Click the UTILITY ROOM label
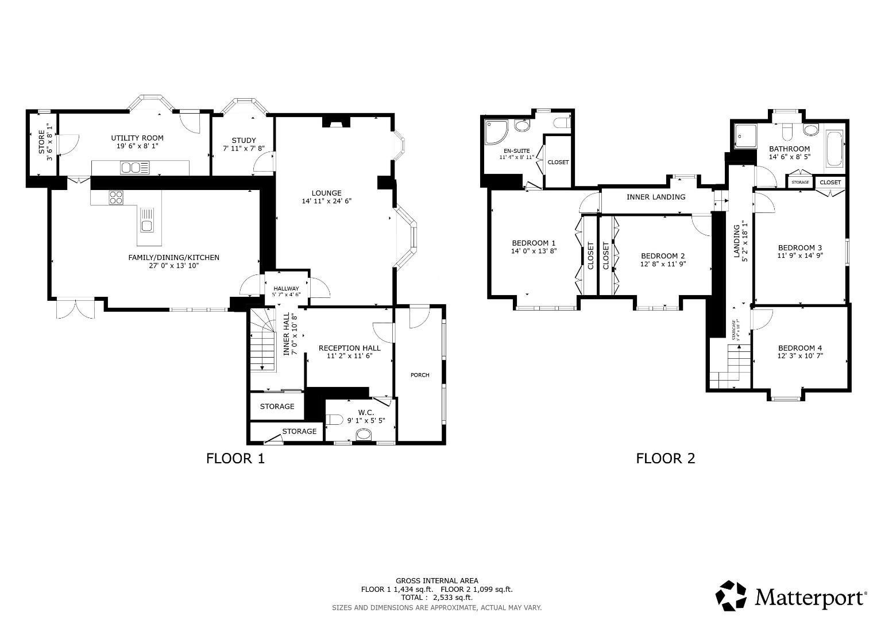point(137,138)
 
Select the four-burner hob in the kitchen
point(116,197)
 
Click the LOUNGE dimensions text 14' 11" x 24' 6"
point(326,201)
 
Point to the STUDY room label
point(244,141)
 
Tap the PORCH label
point(420,375)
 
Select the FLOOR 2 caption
point(665,458)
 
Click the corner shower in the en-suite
point(496,131)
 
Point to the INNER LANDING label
point(655,197)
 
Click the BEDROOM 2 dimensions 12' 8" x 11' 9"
point(663,264)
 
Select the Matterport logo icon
point(731,596)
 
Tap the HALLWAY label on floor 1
point(286,289)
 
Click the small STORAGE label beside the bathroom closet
point(800,183)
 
